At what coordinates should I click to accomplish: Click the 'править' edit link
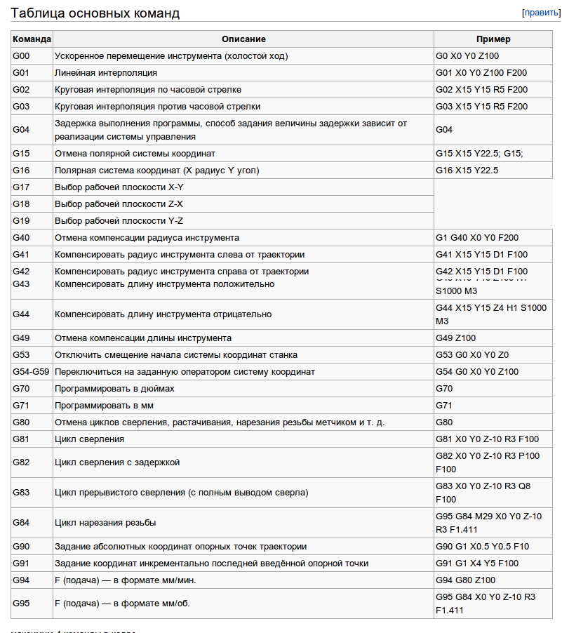click(x=541, y=13)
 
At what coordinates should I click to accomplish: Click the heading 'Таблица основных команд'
click(x=95, y=13)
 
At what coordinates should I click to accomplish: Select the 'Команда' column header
click(x=32, y=39)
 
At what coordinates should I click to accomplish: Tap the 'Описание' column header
click(x=243, y=39)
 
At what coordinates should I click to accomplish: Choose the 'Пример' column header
click(x=493, y=39)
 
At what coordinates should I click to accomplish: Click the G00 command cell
click(x=21, y=56)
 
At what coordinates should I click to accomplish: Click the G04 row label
click(x=21, y=130)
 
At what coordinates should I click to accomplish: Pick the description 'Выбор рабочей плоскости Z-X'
click(x=119, y=204)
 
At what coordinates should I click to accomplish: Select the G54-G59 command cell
click(x=31, y=372)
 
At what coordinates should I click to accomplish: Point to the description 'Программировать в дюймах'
click(x=114, y=389)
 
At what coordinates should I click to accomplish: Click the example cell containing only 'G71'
click(x=444, y=406)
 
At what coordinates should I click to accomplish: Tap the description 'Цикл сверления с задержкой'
click(x=117, y=462)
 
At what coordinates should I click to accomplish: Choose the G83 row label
click(x=21, y=493)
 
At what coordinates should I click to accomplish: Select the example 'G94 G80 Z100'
click(x=465, y=580)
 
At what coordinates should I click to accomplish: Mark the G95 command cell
click(x=21, y=604)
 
